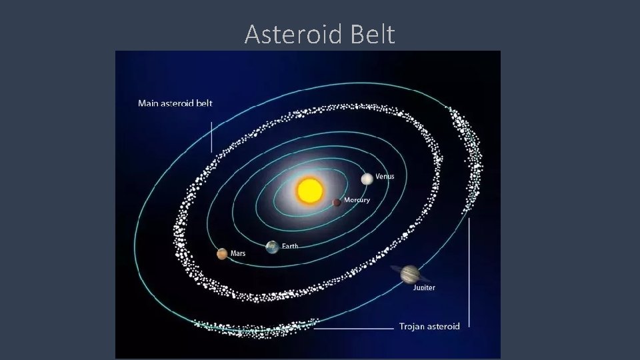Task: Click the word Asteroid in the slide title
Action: (291, 34)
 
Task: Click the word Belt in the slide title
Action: (369, 34)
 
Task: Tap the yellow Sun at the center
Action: (310, 191)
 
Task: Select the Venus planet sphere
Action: (367, 179)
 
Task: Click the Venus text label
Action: (385, 177)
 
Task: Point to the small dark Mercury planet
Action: (337, 202)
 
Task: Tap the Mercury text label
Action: (357, 200)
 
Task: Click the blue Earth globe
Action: (272, 247)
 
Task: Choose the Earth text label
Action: (290, 246)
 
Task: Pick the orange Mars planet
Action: (222, 254)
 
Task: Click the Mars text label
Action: (238, 253)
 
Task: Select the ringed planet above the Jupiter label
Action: (411, 273)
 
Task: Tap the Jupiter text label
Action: (424, 288)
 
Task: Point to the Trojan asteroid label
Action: (429, 327)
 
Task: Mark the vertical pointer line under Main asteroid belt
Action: (211, 137)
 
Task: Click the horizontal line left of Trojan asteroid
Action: (353, 328)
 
